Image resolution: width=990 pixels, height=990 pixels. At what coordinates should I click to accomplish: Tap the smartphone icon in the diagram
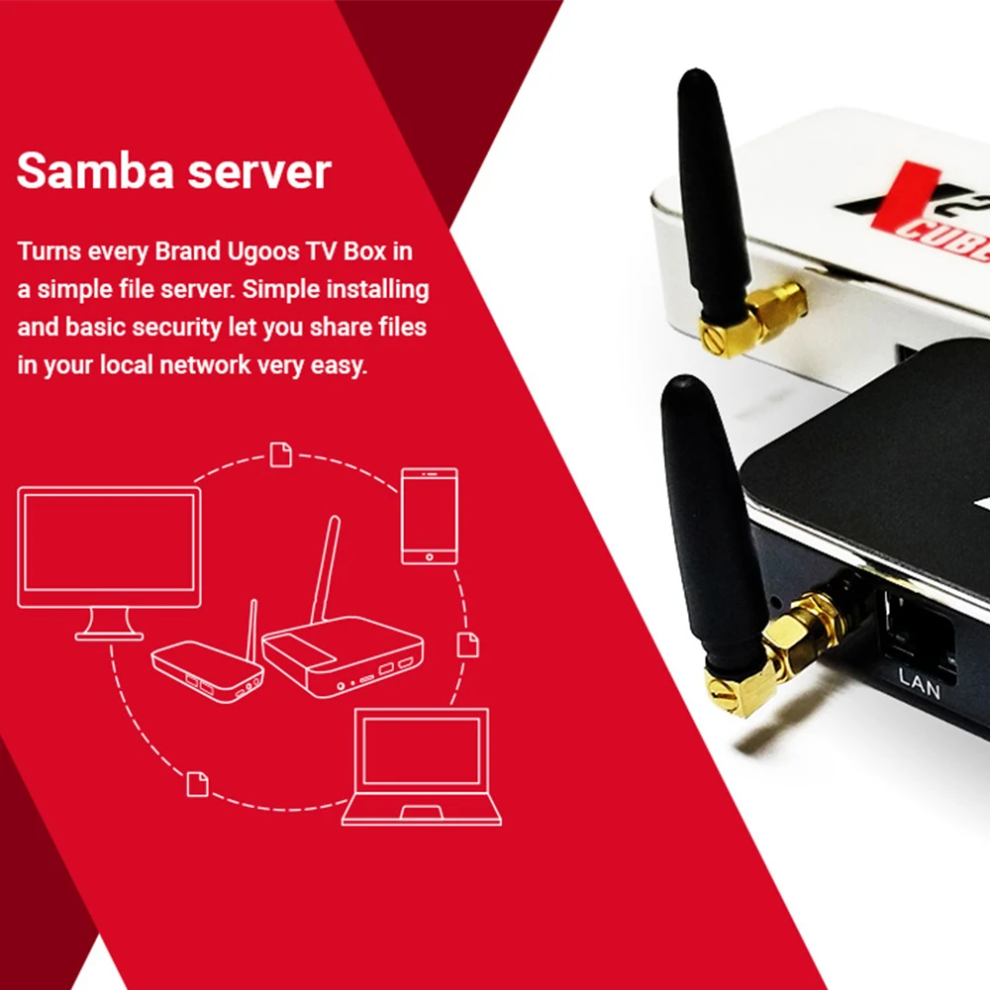pyautogui.click(x=429, y=515)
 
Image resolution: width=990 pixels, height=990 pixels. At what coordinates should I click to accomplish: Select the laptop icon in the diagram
pyautogui.click(x=422, y=767)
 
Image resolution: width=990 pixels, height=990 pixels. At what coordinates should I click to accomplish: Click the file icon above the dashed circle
pyautogui.click(x=281, y=453)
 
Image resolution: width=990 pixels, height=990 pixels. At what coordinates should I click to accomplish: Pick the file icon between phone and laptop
pyautogui.click(x=467, y=643)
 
